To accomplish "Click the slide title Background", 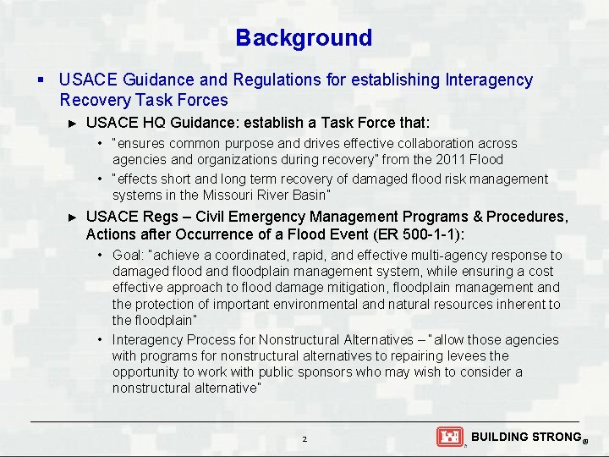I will tap(304, 38).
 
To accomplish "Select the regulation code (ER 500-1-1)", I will tap(415, 234).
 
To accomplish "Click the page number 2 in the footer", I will tap(304, 439).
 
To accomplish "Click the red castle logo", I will tap(450, 437).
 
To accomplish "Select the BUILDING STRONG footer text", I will tap(525, 437).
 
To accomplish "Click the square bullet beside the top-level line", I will tap(41, 80).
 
